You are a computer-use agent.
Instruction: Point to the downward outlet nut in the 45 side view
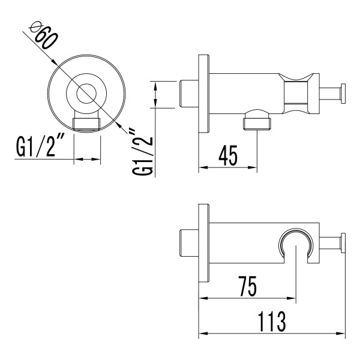click(x=257, y=122)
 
